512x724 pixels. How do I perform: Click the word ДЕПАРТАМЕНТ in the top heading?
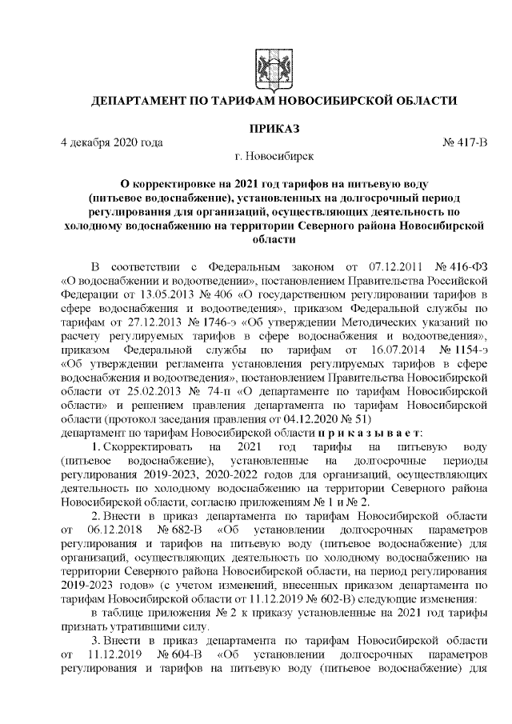click(x=142, y=102)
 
